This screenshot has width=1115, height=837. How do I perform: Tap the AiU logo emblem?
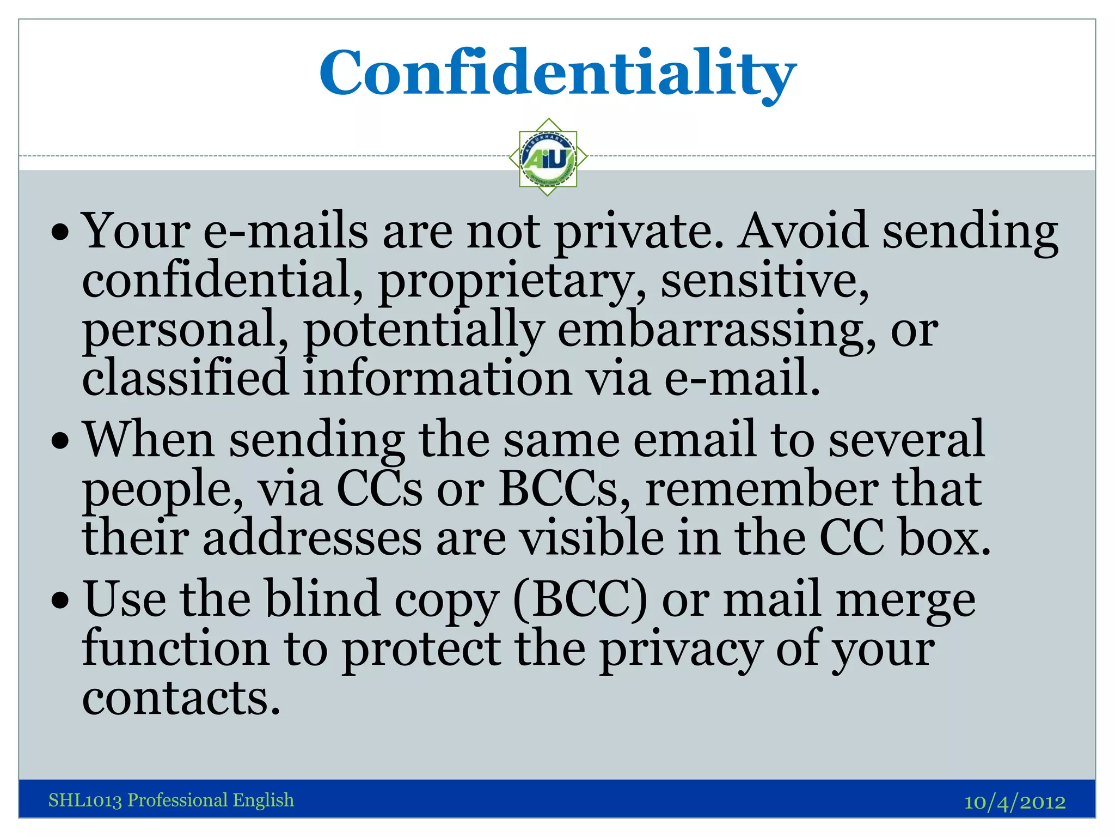click(548, 157)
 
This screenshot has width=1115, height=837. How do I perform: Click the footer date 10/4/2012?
click(1014, 802)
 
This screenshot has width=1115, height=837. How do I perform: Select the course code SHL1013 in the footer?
click(85, 800)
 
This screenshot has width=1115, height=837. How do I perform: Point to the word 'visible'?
click(591, 538)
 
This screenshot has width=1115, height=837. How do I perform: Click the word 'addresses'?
click(312, 538)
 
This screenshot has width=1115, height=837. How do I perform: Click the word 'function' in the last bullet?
click(176, 648)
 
